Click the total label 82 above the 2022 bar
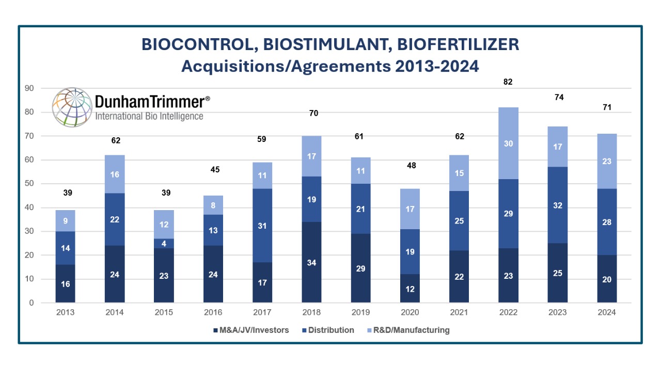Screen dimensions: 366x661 (x=509, y=82)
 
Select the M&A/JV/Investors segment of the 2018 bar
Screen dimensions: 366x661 (x=312, y=262)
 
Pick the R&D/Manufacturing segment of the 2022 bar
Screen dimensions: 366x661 (x=509, y=144)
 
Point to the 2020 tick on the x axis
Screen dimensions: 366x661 (x=410, y=312)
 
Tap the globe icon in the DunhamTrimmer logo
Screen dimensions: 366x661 (x=72, y=107)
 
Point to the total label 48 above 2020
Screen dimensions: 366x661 (x=410, y=166)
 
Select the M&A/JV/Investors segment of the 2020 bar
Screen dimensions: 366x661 (x=410, y=289)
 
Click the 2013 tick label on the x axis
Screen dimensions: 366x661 (x=66, y=312)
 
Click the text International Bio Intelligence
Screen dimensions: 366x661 (x=149, y=116)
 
